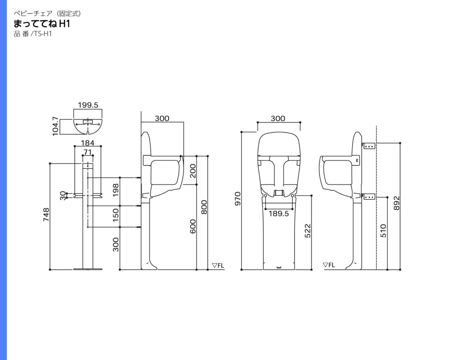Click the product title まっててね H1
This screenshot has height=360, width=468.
pyautogui.click(x=42, y=24)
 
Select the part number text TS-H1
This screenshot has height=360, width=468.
pyautogui.click(x=43, y=34)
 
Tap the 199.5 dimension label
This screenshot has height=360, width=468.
pyautogui.click(x=88, y=105)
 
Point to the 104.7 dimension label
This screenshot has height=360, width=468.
pyautogui.click(x=55, y=126)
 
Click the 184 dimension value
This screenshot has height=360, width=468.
pyautogui.click(x=88, y=143)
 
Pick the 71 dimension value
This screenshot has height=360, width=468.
pyautogui.click(x=88, y=152)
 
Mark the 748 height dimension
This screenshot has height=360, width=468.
pyautogui.click(x=46, y=215)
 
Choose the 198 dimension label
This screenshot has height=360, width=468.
pyautogui.click(x=116, y=190)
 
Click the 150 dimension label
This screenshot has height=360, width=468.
pyautogui.click(x=116, y=215)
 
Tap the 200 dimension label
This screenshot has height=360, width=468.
pyautogui.click(x=193, y=171)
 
